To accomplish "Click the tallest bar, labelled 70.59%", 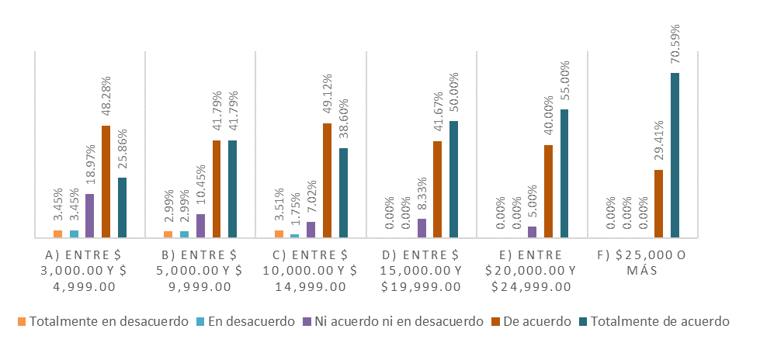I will (675, 155).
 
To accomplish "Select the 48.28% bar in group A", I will (106, 182).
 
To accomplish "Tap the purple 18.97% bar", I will (89, 216).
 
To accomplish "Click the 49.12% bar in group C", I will (327, 180).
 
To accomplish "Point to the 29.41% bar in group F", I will (658, 203).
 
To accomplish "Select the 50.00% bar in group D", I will (453, 179).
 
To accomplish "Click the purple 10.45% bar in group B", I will (200, 226).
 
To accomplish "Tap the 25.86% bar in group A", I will (122, 207).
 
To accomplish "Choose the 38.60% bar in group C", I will (343, 192).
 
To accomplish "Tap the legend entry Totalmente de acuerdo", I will (658, 321).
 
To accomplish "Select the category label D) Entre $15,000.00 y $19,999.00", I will (422, 270).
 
